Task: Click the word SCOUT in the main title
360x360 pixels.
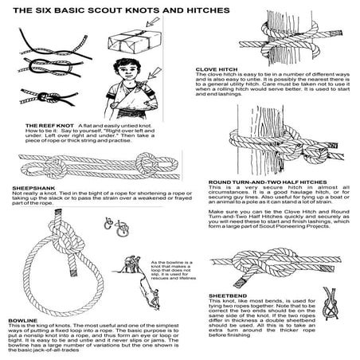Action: tap(117, 10)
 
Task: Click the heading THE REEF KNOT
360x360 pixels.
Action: tap(49, 126)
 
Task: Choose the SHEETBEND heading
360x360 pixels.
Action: tap(225, 303)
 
